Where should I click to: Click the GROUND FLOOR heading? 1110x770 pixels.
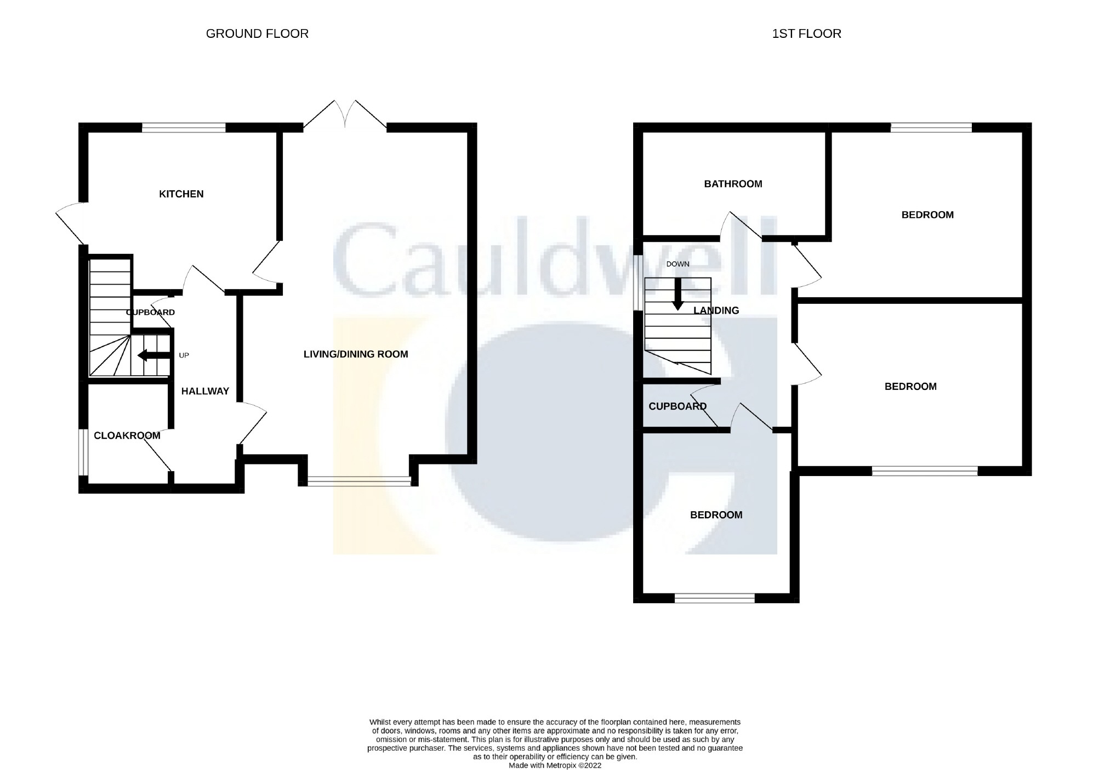pos(257,34)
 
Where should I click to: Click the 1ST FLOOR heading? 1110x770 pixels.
pos(806,34)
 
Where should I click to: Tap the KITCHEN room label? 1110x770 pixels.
pos(181,194)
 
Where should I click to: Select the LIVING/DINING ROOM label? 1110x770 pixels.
pos(356,354)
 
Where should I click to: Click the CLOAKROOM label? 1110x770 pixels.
pos(127,435)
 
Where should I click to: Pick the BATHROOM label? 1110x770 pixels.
pos(733,184)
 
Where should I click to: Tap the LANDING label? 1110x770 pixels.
pos(716,311)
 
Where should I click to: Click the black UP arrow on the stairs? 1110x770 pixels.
pos(154,355)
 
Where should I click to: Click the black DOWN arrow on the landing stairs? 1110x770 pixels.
pos(678,295)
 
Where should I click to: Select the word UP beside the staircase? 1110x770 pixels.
pos(184,355)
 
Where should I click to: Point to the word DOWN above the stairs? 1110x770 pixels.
pos(678,264)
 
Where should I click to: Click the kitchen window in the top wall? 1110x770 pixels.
pos(184,128)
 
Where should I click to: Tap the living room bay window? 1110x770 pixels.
pos(359,481)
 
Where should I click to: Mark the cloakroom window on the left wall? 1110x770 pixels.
pos(83,452)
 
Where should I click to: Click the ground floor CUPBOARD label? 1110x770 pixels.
pos(151,313)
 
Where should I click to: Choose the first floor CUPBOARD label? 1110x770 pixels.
pos(678,406)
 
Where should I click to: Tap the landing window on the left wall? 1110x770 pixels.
pos(638,283)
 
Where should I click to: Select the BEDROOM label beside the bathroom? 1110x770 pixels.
pos(927,215)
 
